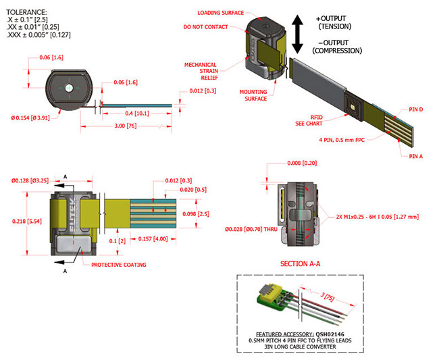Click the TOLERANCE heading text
click(26, 11)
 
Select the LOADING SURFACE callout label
click(220, 13)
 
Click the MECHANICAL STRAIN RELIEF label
click(201, 72)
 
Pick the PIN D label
click(417, 109)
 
